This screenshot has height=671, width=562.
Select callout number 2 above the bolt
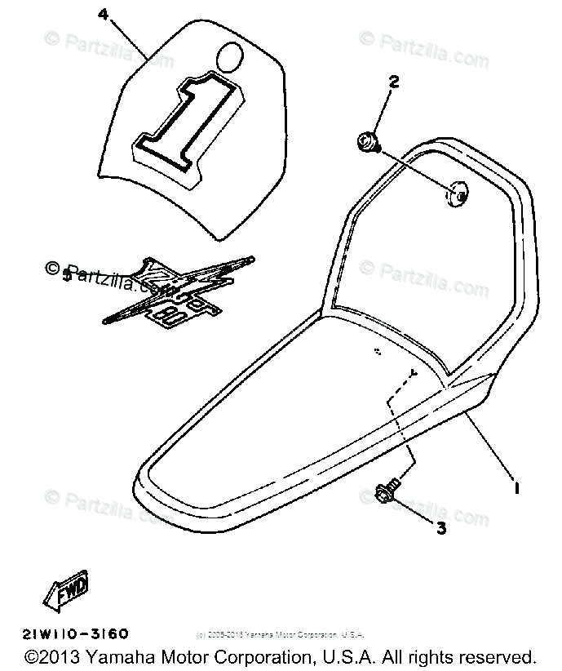coord(394,82)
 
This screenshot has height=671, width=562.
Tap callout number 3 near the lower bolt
coord(441,528)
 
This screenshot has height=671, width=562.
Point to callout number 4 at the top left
coord(101,14)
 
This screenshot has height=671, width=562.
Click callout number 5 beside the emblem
coord(67,276)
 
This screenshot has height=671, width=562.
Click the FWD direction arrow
coord(69,590)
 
